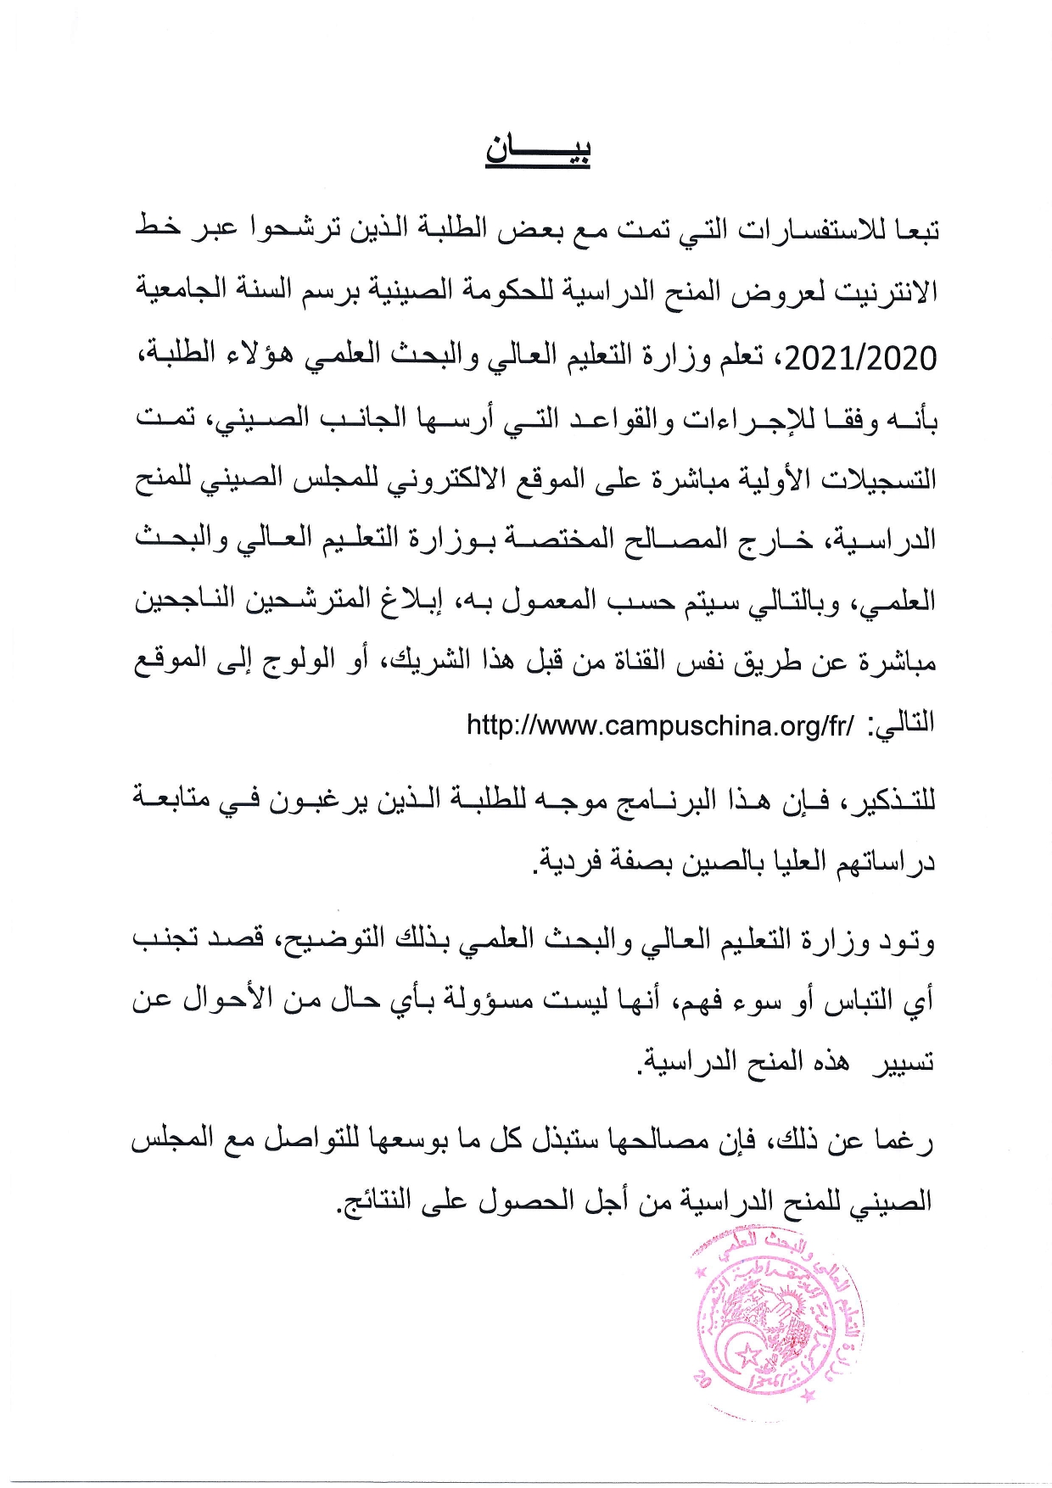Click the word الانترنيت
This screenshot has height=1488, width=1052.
pos(886,293)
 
